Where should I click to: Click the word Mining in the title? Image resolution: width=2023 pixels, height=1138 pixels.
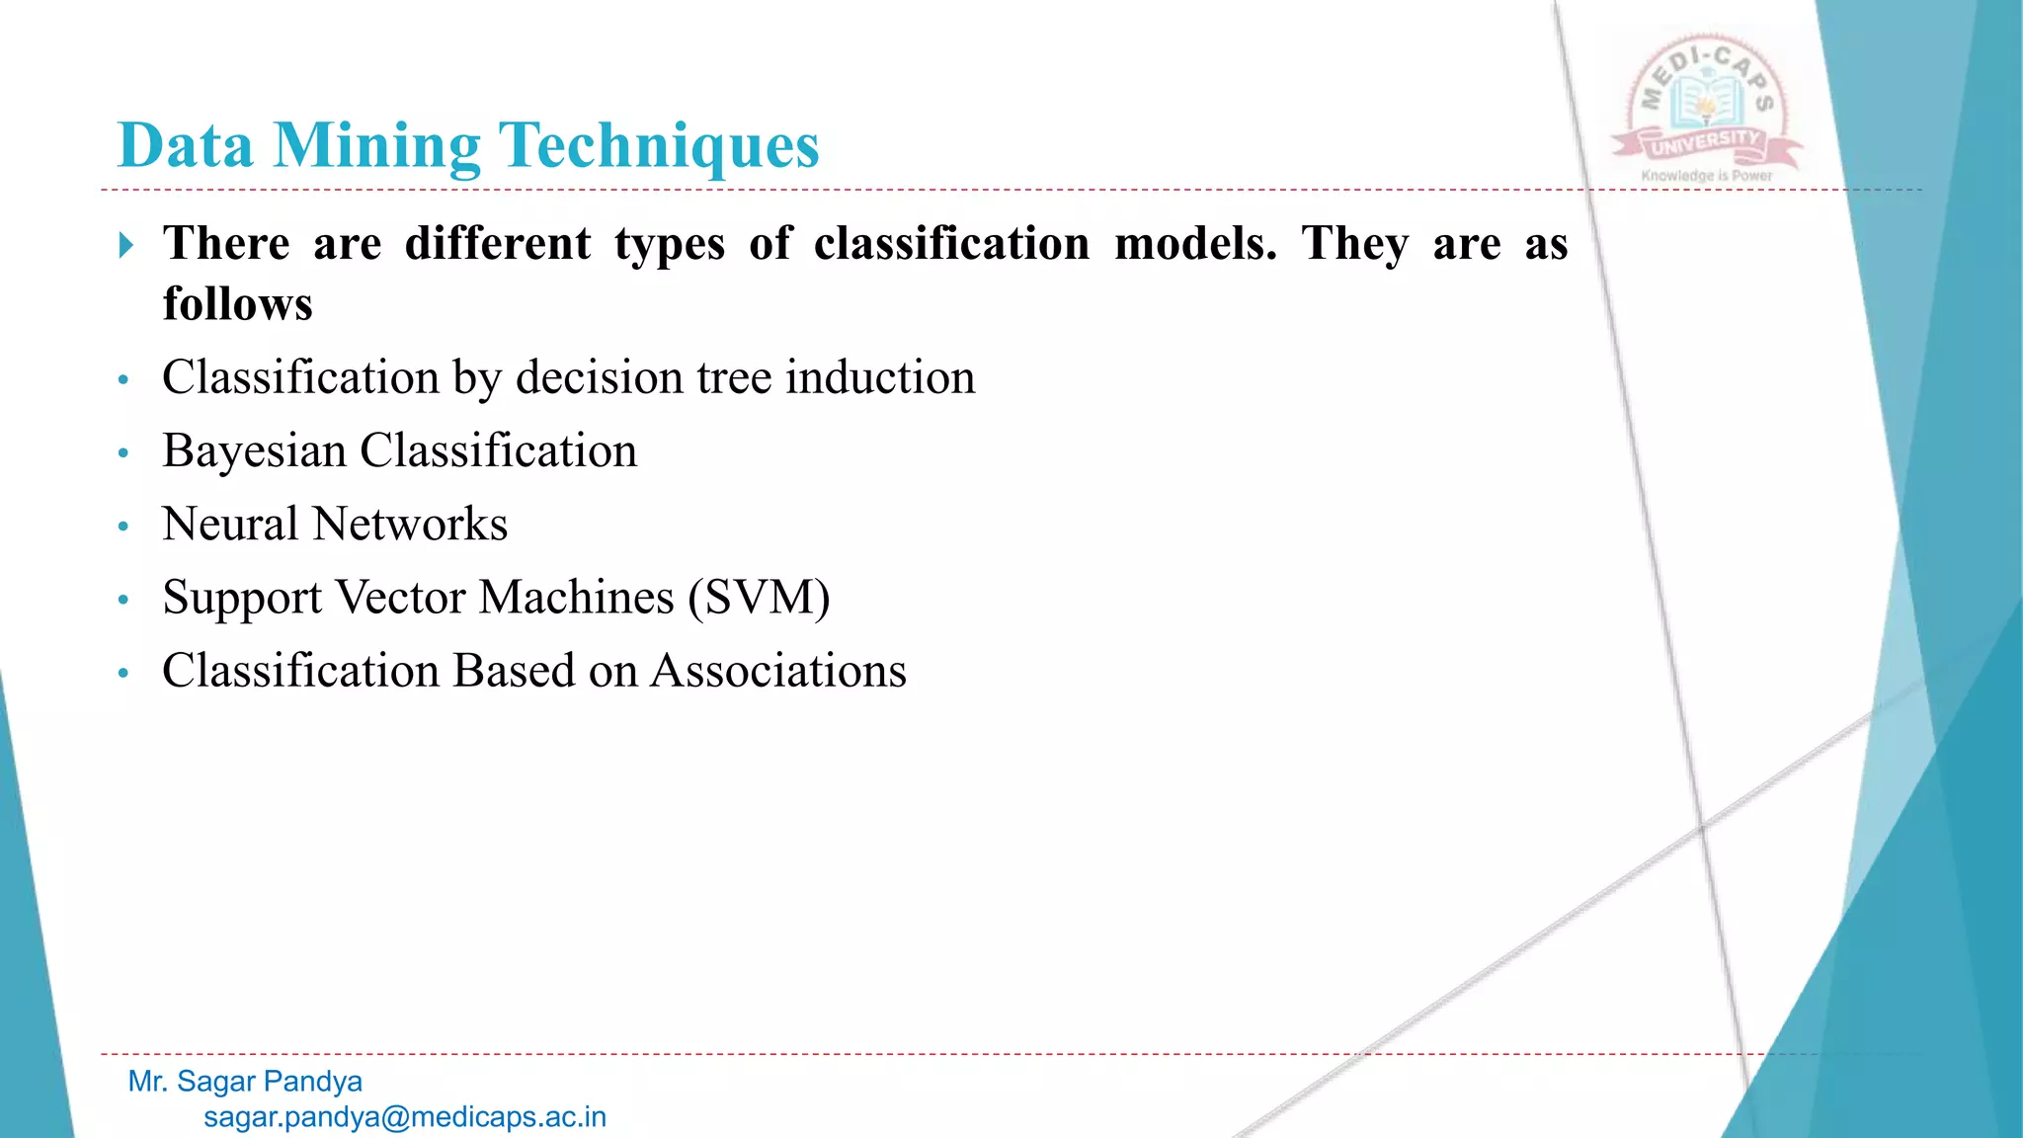pyautogui.click(x=376, y=146)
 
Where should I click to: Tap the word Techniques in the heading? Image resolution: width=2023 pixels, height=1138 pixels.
pyautogui.click(x=659, y=146)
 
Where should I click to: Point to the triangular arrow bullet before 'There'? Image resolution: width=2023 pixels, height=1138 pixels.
pyautogui.click(x=125, y=245)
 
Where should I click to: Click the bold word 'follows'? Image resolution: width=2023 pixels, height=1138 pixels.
pyautogui.click(x=238, y=304)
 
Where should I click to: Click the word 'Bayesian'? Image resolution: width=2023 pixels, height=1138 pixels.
pyautogui.click(x=254, y=451)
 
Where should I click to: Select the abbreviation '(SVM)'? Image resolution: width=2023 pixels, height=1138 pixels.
pyautogui.click(x=759, y=598)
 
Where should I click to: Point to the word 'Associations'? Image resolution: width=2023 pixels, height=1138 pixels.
pyautogui.click(x=778, y=671)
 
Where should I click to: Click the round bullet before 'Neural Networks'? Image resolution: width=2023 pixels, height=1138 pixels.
pyautogui.click(x=123, y=527)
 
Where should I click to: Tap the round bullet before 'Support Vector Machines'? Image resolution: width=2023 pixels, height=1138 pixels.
pyautogui.click(x=123, y=600)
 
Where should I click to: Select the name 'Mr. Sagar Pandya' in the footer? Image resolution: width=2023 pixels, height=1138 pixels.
pyautogui.click(x=245, y=1082)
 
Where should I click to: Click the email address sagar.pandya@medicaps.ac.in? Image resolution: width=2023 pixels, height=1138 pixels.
pyautogui.click(x=405, y=1117)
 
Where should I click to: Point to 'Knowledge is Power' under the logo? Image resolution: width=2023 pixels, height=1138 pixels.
pyautogui.click(x=1707, y=176)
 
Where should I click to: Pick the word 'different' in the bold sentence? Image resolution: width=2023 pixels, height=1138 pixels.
pyautogui.click(x=498, y=243)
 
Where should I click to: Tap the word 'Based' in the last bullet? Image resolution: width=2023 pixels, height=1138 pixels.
pyautogui.click(x=500, y=671)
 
